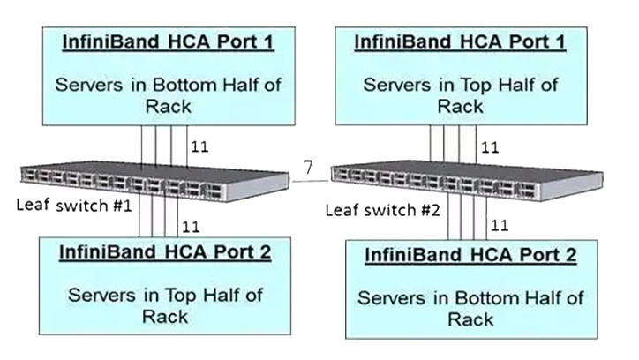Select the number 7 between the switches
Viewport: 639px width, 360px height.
point(306,167)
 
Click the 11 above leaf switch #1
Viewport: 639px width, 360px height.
point(199,147)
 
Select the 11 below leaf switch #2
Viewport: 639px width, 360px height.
point(500,226)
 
